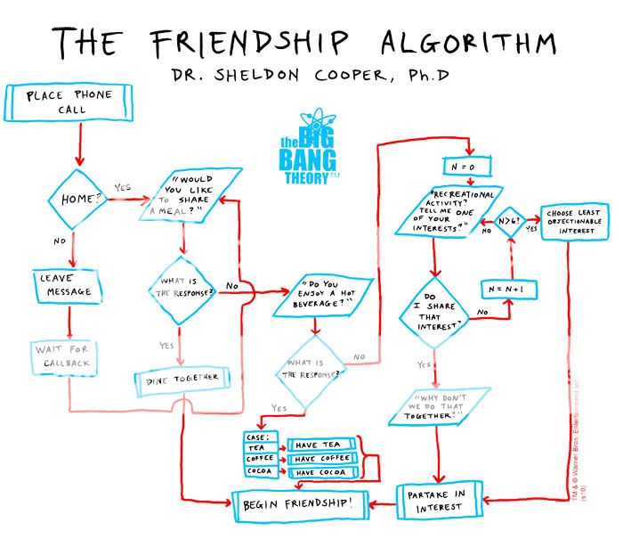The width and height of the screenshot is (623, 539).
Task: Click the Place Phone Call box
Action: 69,102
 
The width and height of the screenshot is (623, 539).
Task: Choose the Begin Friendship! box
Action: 299,505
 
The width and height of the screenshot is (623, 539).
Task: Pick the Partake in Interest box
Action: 439,499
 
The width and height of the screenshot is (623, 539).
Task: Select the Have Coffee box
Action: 324,458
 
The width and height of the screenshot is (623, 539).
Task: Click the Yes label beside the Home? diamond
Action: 124,188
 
